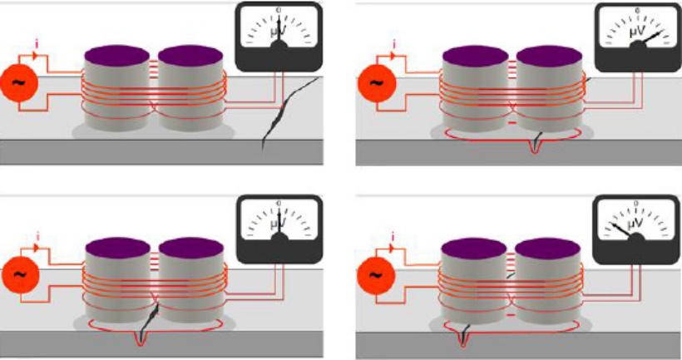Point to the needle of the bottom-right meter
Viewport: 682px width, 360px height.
coord(623,229)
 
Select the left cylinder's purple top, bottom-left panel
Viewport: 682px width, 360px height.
coord(117,247)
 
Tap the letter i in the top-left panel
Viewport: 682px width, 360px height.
coord(36,42)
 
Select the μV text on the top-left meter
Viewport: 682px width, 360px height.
coord(279,33)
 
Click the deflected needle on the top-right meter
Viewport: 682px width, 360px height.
coord(655,38)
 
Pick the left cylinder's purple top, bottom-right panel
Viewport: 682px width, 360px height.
coord(472,247)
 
